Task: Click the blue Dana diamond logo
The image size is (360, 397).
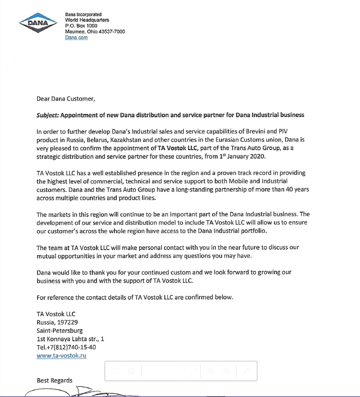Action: point(38,23)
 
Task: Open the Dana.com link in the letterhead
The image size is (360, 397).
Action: point(76,38)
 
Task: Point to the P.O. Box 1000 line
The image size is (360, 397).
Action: point(81,26)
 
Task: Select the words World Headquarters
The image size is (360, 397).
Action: point(87,20)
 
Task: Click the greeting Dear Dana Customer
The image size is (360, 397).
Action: point(66,99)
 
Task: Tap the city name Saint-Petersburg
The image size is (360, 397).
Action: point(60,331)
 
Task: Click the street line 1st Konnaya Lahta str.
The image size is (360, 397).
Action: point(70,339)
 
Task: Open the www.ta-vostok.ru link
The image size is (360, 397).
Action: point(61,356)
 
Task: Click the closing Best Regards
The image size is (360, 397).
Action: point(55,380)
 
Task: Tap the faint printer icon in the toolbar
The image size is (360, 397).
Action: point(132,371)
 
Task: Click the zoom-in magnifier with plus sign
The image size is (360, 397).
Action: point(211,371)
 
